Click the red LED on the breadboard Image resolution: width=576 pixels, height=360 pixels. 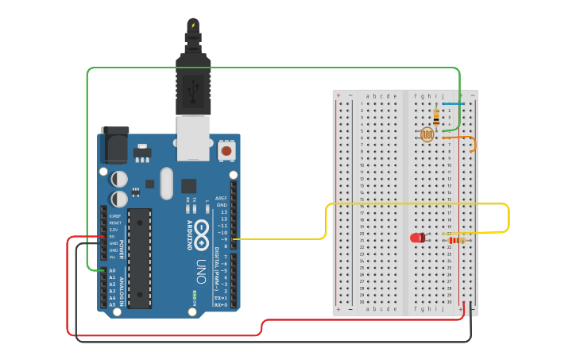pyautogui.click(x=417, y=238)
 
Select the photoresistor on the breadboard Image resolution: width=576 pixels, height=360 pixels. pyautogui.click(x=427, y=134)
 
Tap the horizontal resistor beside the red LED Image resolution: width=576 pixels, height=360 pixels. pyautogui.click(x=456, y=240)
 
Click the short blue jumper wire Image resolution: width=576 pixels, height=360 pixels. pyautogui.click(x=453, y=104)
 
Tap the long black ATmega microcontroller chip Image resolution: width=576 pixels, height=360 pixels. pyautogui.click(x=139, y=258)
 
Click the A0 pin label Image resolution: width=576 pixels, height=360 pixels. pyautogui.click(x=111, y=271)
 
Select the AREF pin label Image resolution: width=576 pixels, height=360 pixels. pyautogui.click(x=222, y=198)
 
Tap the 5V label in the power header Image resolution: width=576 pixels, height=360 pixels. pyautogui.click(x=112, y=237)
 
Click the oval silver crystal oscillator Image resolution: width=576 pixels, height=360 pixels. pyautogui.click(x=166, y=183)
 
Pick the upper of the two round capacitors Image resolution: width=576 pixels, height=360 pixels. pyautogui.click(x=119, y=180)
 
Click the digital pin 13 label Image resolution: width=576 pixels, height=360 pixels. pyautogui.click(x=224, y=212)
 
